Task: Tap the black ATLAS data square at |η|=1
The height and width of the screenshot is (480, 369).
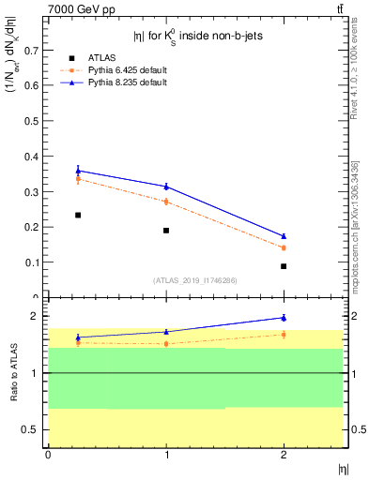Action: point(166,231)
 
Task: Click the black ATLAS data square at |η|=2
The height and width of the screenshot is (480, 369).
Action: point(284,266)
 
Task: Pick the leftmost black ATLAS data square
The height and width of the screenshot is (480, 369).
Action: point(78,215)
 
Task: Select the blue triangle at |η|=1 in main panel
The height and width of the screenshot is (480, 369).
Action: point(166,187)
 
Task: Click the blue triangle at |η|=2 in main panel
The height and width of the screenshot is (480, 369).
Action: point(284,236)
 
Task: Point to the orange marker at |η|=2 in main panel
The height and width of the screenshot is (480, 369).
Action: point(284,247)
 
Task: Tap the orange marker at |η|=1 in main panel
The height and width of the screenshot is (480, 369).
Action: point(166,202)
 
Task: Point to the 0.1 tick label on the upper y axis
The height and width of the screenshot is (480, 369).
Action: point(31,262)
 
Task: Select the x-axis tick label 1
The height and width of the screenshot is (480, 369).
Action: point(166,455)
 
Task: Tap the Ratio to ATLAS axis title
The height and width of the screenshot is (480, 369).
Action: point(14,372)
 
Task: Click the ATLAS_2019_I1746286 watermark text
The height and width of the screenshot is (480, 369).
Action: point(194,279)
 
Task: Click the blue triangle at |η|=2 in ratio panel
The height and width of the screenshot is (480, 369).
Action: point(284,318)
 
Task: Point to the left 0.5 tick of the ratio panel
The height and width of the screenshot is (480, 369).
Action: point(33,429)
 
